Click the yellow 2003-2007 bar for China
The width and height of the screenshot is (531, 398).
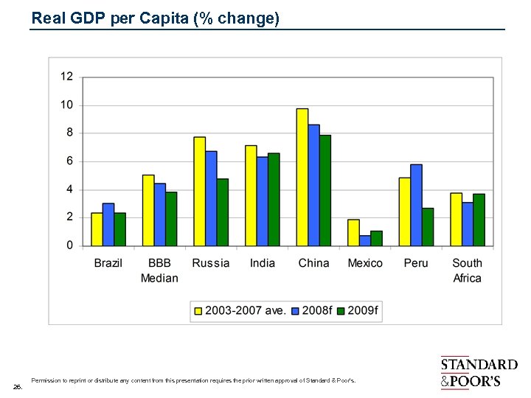(x=302, y=177)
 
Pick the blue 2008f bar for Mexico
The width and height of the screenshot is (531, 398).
(x=365, y=240)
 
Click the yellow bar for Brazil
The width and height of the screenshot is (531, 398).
(x=97, y=229)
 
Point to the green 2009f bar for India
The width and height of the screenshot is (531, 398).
(x=274, y=199)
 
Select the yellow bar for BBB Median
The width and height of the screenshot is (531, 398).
(x=148, y=210)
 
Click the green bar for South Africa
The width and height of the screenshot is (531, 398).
(x=479, y=220)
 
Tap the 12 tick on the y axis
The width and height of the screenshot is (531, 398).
(x=66, y=77)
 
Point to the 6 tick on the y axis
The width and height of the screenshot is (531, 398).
(x=69, y=161)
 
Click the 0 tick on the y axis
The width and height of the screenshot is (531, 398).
(x=69, y=245)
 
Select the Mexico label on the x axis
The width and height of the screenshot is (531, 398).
(x=365, y=263)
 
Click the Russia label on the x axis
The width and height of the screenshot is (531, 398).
(x=210, y=263)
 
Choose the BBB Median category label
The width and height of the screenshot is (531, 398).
(x=159, y=270)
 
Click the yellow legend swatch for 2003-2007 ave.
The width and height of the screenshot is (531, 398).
(x=198, y=311)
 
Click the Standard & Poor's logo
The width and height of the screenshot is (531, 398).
(x=478, y=373)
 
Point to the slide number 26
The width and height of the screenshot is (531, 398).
(x=18, y=385)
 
